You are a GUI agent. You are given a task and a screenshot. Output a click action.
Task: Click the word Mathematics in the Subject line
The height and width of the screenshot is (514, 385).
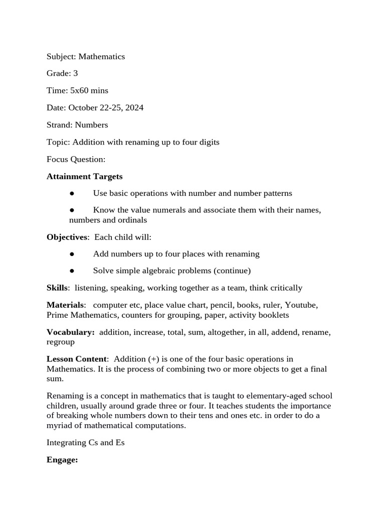[101, 57]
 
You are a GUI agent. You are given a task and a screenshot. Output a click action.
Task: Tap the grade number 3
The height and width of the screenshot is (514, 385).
[75, 74]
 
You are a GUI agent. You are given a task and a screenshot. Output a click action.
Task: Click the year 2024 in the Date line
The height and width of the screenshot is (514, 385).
[134, 108]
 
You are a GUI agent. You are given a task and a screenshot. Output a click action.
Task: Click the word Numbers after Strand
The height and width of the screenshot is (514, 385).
[91, 125]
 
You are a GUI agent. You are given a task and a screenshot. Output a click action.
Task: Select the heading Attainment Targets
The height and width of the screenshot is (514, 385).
[84, 176]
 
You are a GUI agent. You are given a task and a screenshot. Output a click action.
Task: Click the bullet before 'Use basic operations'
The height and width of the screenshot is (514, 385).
[72, 194]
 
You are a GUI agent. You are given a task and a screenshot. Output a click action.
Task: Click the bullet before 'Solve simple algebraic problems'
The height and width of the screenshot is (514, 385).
[72, 271]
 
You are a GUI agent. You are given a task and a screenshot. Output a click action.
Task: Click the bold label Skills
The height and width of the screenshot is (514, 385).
[57, 288]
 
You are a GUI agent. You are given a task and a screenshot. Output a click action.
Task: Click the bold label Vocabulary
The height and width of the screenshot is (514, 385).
[70, 332]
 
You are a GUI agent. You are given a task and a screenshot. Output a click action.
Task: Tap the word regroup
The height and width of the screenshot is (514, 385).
[61, 342]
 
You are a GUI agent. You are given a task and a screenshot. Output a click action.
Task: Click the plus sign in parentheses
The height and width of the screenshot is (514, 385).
[153, 359]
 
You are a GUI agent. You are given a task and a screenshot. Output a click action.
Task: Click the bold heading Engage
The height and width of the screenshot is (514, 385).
[62, 460]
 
